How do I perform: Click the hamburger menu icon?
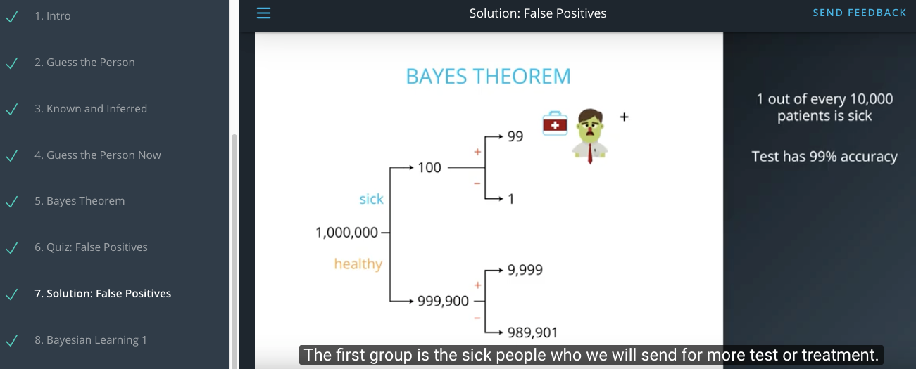click(263, 13)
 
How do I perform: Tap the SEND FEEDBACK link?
click(859, 13)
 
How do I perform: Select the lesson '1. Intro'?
click(52, 16)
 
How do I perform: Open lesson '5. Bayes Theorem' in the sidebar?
click(80, 201)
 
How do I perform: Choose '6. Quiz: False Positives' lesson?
click(91, 247)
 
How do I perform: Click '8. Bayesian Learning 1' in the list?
click(90, 340)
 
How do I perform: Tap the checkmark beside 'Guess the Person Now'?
click(12, 155)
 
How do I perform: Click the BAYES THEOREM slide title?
click(488, 77)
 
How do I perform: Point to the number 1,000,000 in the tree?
click(346, 232)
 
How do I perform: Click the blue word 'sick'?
click(371, 199)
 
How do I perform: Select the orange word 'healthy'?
click(358, 264)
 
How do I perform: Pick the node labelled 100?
click(429, 167)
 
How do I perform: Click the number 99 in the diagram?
click(515, 136)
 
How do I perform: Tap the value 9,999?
click(525, 270)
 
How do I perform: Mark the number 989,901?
click(532, 332)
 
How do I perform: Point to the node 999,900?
click(443, 302)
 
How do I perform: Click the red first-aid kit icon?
click(555, 123)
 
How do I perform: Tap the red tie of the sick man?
click(590, 153)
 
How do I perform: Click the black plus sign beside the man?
click(624, 117)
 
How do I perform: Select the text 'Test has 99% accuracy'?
click(824, 156)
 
